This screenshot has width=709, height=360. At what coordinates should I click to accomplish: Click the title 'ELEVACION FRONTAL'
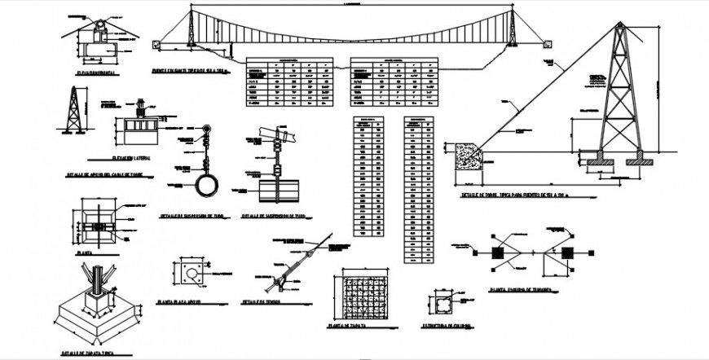[95, 73]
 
